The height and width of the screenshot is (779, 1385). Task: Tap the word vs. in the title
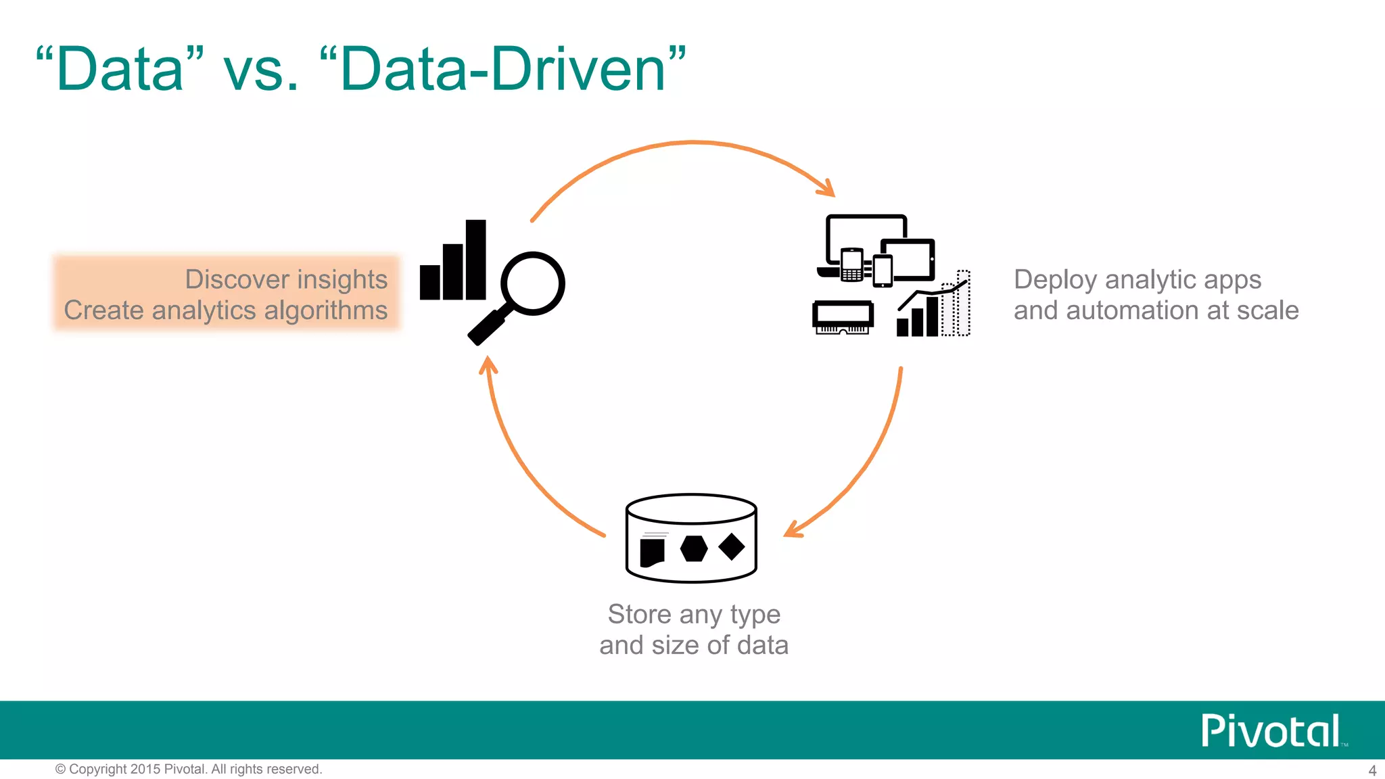tap(261, 70)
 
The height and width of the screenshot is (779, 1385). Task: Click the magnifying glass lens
tap(533, 283)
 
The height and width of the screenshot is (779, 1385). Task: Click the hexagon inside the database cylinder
tap(693, 548)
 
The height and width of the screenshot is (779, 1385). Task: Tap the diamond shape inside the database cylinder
tap(731, 546)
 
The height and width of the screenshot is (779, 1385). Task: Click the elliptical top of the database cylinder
tap(691, 509)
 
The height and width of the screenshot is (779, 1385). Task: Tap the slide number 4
tap(1372, 770)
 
